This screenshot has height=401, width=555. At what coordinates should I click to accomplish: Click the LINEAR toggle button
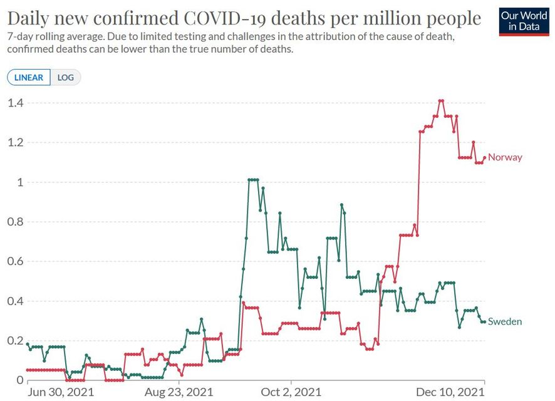coord(29,78)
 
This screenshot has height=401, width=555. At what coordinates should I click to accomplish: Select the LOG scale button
coord(66,78)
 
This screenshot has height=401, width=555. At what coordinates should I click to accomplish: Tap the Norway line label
coord(505,157)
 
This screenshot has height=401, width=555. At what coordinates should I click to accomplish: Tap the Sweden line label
coord(505,321)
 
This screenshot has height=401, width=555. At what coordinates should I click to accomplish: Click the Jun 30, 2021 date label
coord(61,392)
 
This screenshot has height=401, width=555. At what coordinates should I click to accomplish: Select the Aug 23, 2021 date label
coord(179,392)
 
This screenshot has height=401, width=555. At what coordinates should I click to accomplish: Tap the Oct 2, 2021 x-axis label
coord(291,392)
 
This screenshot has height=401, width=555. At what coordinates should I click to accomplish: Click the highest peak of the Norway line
coord(441,100)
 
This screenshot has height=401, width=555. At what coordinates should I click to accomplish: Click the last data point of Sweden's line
coord(484,321)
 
